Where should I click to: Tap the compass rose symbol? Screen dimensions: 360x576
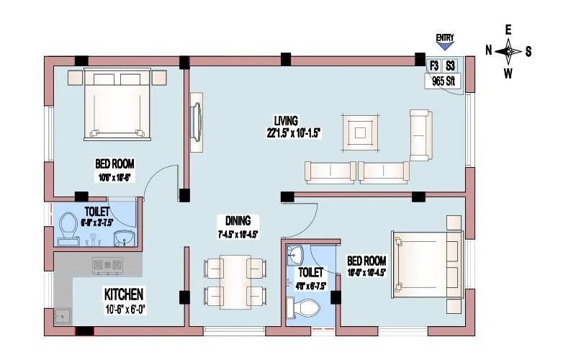pyautogui.click(x=508, y=50)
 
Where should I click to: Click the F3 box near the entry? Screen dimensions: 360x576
pyautogui.click(x=434, y=66)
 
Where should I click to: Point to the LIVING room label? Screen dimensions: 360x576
pyautogui.click(x=286, y=120)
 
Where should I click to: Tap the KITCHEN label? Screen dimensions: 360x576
pyautogui.click(x=125, y=294)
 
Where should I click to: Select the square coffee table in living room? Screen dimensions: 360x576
pyautogui.click(x=361, y=132)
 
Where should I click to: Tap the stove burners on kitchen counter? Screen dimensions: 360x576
pyautogui.click(x=107, y=266)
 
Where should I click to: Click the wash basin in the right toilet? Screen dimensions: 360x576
pyautogui.click(x=295, y=253)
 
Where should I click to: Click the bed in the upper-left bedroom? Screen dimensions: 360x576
pyautogui.click(x=120, y=102)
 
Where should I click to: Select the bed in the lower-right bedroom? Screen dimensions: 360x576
pyautogui.click(x=425, y=263)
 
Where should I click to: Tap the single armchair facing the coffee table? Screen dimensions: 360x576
pyautogui.click(x=422, y=135)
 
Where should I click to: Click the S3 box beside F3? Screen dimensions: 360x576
pyautogui.click(x=451, y=66)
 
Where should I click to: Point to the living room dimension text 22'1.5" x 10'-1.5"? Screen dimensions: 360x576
pyautogui.click(x=293, y=132)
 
